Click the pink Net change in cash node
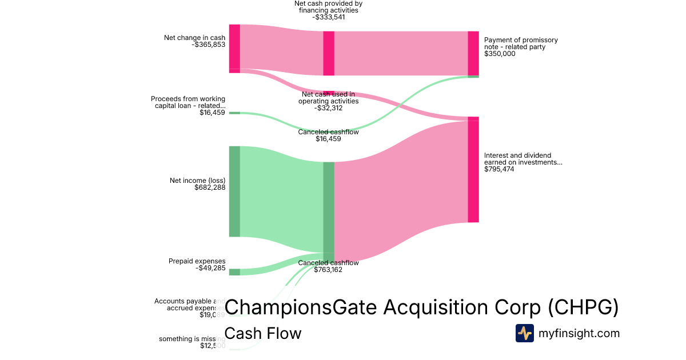(234, 48)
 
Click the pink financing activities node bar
(329, 53)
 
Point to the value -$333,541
(329, 17)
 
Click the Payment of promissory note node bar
(473, 53)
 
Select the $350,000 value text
(500, 54)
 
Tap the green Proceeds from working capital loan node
(234, 113)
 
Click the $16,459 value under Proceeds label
(212, 113)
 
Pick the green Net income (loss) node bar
(234, 191)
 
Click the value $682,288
(210, 187)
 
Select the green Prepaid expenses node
(234, 272)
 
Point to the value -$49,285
(210, 268)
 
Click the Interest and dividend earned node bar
(473, 170)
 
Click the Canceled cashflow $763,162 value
(328, 270)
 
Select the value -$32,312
(329, 108)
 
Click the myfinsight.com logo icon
(524, 333)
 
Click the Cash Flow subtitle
(263, 333)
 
